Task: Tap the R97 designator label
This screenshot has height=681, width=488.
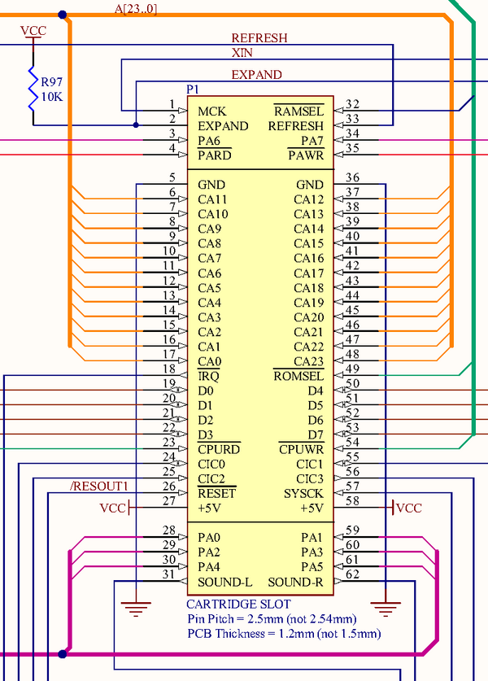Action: click(x=52, y=82)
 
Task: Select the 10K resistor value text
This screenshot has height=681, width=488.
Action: click(x=52, y=97)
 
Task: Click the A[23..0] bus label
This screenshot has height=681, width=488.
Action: click(x=136, y=8)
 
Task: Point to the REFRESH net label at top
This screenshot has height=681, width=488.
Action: click(x=259, y=37)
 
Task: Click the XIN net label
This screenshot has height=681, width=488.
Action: click(x=242, y=52)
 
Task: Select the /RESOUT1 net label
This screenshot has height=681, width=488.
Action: click(x=99, y=487)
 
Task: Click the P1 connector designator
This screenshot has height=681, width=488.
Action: click(x=193, y=88)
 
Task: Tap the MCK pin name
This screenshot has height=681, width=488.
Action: click(x=211, y=111)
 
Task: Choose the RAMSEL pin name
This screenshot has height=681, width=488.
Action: click(x=298, y=111)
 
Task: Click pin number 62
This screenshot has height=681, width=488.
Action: click(x=352, y=575)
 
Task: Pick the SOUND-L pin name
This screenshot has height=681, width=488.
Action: click(x=224, y=582)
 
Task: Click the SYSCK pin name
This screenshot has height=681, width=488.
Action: click(x=303, y=493)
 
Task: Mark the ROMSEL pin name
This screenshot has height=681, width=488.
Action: click(x=298, y=376)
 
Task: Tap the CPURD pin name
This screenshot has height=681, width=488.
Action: click(x=219, y=449)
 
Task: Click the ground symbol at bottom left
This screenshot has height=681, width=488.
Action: click(x=136, y=605)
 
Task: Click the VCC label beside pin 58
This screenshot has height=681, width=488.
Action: click(x=409, y=508)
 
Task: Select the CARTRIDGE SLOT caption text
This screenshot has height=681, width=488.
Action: click(x=238, y=605)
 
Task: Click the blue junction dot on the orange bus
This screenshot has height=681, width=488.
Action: click(x=63, y=15)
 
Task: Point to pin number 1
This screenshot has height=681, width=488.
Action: click(x=172, y=104)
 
